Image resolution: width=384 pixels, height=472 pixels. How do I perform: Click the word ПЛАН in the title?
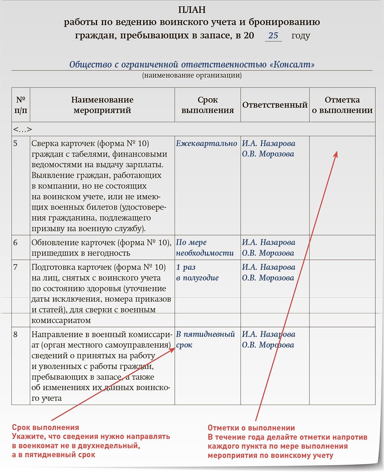point(192,10)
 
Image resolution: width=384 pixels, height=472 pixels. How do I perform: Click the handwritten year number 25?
point(273,36)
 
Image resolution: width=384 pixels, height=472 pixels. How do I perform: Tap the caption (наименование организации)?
point(192,75)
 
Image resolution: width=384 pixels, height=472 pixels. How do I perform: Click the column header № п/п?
point(21,105)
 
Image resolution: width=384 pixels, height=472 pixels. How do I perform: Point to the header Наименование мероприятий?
point(102,105)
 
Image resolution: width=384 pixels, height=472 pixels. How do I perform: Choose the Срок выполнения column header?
point(207,105)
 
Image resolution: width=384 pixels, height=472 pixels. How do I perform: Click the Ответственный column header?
point(275,105)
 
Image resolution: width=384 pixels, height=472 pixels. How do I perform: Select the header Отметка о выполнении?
point(342,105)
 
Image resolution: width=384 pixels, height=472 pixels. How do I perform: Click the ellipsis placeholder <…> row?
point(22,130)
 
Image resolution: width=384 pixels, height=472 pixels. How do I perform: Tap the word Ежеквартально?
point(206,143)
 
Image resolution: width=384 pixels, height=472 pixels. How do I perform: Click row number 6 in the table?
point(15,243)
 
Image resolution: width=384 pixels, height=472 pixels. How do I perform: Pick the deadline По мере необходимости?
point(204,248)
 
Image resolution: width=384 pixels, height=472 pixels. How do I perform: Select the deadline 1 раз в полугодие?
point(197,273)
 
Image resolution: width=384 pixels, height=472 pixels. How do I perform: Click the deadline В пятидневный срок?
point(205,339)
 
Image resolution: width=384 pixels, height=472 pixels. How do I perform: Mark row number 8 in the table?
point(15,334)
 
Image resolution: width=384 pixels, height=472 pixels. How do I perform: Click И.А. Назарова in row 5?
point(268,143)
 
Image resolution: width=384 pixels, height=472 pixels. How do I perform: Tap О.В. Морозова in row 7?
point(268,278)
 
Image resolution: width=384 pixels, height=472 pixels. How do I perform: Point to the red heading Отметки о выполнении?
point(251,428)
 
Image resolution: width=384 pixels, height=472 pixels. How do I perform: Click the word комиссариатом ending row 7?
point(61,320)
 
